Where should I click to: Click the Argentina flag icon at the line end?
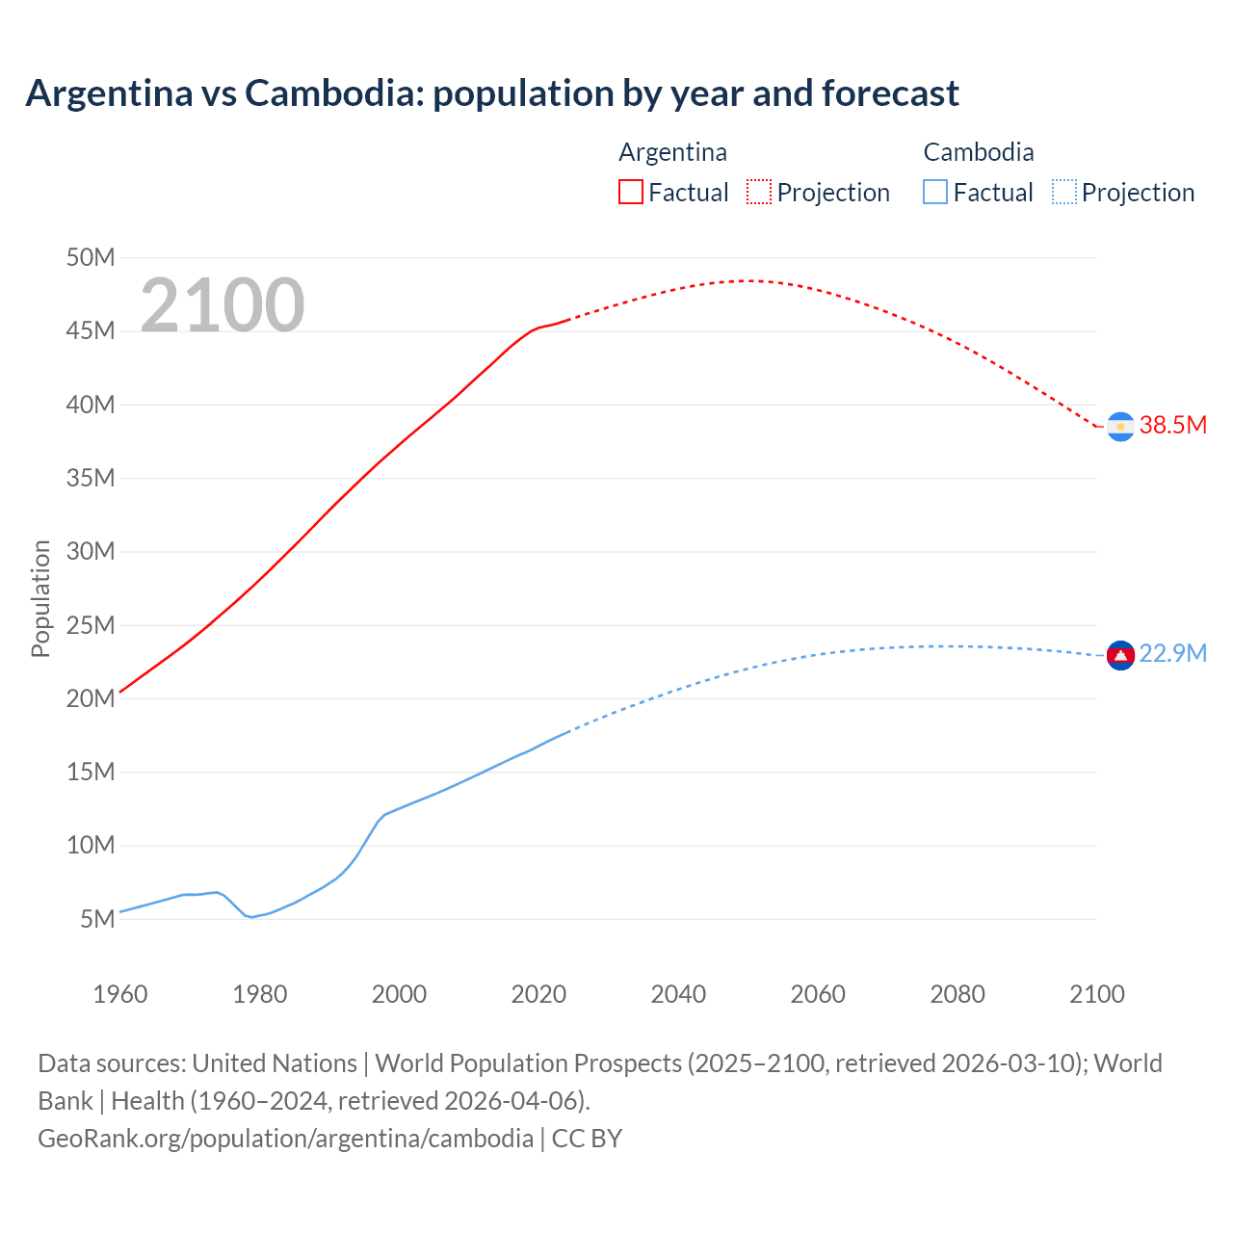click(1120, 426)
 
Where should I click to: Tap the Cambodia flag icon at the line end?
click(1120, 655)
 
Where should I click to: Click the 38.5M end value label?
click(1172, 425)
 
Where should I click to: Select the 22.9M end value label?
click(1172, 653)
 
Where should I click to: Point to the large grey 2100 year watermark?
click(223, 305)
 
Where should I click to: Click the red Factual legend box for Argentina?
click(631, 192)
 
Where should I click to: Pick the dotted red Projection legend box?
click(759, 192)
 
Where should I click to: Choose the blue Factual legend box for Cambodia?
click(935, 192)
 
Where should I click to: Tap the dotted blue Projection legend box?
click(1063, 192)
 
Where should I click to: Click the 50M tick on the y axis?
click(91, 257)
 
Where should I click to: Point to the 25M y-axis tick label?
click(91, 625)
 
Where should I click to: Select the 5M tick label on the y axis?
click(97, 919)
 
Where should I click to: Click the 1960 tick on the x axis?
click(120, 994)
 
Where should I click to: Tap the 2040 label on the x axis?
click(678, 994)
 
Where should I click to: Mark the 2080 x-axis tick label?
click(958, 994)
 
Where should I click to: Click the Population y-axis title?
click(40, 598)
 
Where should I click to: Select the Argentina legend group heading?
click(672, 152)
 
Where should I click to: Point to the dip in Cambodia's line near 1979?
click(252, 917)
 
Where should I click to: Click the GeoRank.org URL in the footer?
click(285, 1138)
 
